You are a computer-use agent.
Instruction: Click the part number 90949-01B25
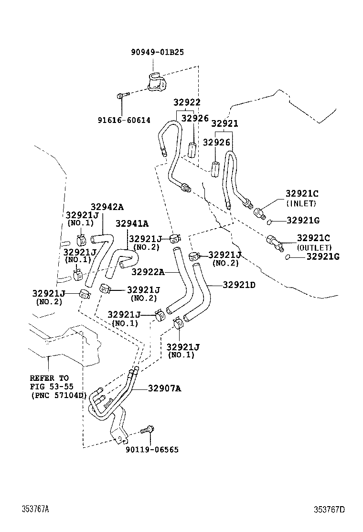pos(157,52)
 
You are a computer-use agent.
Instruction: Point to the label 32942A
pos(107,207)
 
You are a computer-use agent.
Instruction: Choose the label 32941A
pos(131,223)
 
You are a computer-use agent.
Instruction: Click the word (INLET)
pos(301,203)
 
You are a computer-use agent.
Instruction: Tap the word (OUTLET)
pos(314,247)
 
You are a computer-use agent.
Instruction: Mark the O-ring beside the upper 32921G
pos(270,222)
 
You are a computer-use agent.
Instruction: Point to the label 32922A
pos(149,272)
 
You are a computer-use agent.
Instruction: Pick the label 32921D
pos(239,285)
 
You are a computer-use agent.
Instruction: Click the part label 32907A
pos(164,388)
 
